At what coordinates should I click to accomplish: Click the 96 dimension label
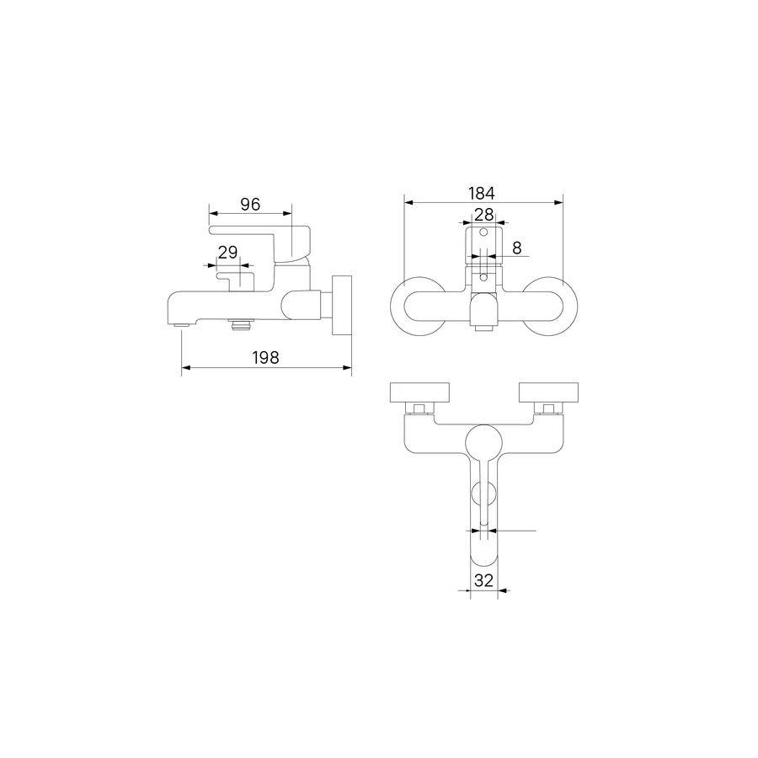(x=250, y=205)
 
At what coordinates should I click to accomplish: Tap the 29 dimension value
(x=227, y=253)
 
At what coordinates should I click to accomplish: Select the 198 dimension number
(x=265, y=358)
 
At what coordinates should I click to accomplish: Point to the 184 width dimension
(x=482, y=194)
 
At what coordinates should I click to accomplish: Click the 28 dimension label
(x=484, y=214)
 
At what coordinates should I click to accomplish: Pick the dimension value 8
(x=517, y=248)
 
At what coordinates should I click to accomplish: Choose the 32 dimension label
(x=483, y=580)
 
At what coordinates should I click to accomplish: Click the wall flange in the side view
(x=342, y=305)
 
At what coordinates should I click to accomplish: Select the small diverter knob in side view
(x=236, y=280)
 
